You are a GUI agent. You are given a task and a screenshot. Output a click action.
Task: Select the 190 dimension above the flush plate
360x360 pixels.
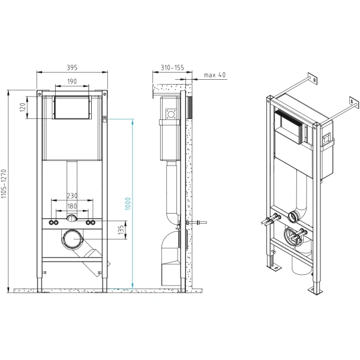click(71, 82)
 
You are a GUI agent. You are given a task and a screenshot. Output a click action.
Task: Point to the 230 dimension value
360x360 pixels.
click(71, 195)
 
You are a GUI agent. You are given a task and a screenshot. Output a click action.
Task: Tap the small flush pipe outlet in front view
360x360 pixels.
click(72, 219)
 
